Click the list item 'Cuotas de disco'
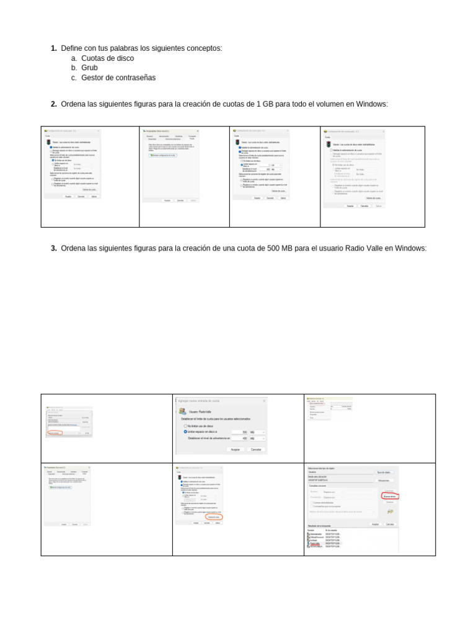(107, 58)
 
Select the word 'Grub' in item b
(90, 68)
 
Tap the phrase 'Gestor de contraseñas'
(118, 78)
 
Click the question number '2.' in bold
(54, 104)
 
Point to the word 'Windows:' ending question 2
(372, 104)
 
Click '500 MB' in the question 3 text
(280, 249)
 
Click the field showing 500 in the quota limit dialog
(239, 432)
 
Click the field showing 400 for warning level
(239, 438)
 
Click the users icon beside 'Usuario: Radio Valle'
(182, 411)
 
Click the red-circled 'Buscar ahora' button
(390, 497)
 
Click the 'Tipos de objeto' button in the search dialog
(384, 473)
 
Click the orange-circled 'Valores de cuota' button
(214, 517)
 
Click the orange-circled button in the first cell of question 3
(56, 433)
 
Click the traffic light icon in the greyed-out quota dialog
(328, 144)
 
